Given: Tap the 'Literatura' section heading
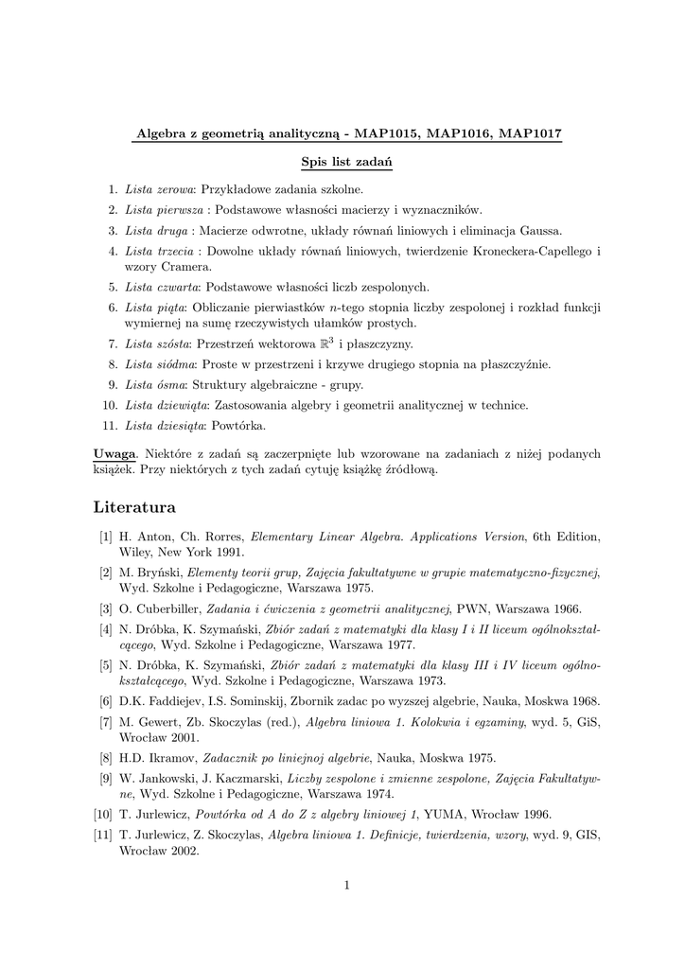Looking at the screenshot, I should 134,508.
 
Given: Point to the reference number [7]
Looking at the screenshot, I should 105,722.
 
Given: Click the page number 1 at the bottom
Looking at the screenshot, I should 347,885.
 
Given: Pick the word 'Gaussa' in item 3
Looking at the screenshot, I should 538,230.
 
